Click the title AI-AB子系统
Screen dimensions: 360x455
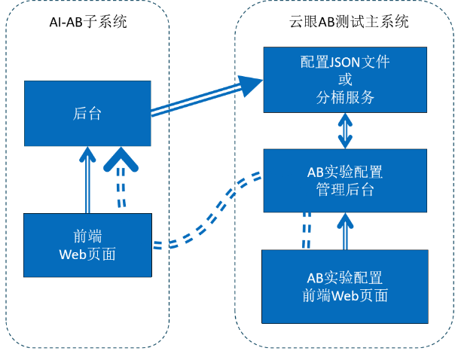87,22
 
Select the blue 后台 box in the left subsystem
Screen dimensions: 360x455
87,114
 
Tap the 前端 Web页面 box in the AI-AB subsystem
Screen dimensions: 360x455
87,245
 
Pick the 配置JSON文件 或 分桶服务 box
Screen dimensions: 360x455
344,79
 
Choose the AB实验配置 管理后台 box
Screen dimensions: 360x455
344,180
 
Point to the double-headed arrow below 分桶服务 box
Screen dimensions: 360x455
344,130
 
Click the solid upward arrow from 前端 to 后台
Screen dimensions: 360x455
88,181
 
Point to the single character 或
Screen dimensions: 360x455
344,79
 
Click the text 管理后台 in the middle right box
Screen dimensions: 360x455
344,189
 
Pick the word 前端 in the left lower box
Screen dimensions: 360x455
87,236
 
